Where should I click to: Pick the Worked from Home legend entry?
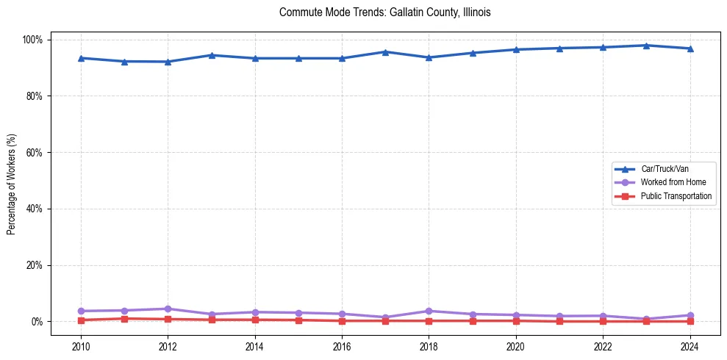669,182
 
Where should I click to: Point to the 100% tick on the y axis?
34,40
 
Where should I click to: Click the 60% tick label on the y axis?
35,153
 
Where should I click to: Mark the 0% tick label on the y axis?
37,322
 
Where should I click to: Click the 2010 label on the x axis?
81,345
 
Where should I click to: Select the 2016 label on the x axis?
342,345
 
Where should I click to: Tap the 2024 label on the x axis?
690,345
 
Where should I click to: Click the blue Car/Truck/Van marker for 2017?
385,51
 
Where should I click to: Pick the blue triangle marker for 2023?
646,46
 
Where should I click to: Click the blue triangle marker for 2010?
81,58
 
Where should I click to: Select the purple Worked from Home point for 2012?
168,309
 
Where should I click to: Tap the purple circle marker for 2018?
429,311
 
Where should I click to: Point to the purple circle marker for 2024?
690,315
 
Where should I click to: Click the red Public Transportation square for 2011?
124,319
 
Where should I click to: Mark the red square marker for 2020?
516,320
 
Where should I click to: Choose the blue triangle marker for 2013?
211,55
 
